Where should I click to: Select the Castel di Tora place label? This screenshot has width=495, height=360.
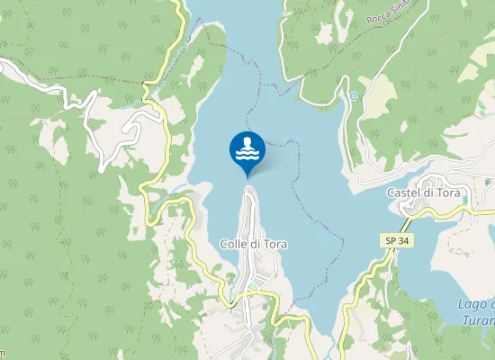pos(423,193)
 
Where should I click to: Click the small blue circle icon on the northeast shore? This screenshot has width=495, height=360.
pos(354,95)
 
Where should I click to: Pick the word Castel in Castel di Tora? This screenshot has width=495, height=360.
pos(403,193)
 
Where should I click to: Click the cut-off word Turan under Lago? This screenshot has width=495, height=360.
pos(474,321)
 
